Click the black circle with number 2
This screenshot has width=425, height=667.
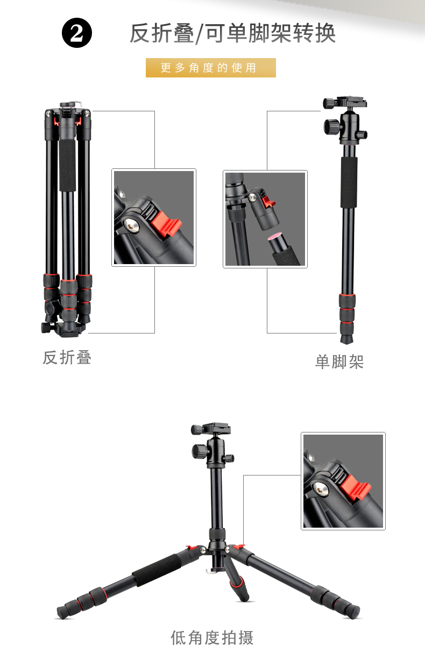point(77,33)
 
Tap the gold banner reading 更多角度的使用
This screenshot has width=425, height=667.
point(210,68)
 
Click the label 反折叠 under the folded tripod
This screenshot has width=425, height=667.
point(67,357)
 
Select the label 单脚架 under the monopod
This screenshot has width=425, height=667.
point(339,362)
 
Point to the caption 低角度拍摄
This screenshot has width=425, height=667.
point(212,637)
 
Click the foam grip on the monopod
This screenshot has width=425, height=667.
point(349,182)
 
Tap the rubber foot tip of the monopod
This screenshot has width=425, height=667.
point(346,338)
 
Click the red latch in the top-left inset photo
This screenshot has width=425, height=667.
point(166,224)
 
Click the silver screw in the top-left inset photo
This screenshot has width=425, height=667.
point(131,226)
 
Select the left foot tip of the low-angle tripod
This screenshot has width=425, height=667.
point(62,612)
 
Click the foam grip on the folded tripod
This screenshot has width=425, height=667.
point(67,165)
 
